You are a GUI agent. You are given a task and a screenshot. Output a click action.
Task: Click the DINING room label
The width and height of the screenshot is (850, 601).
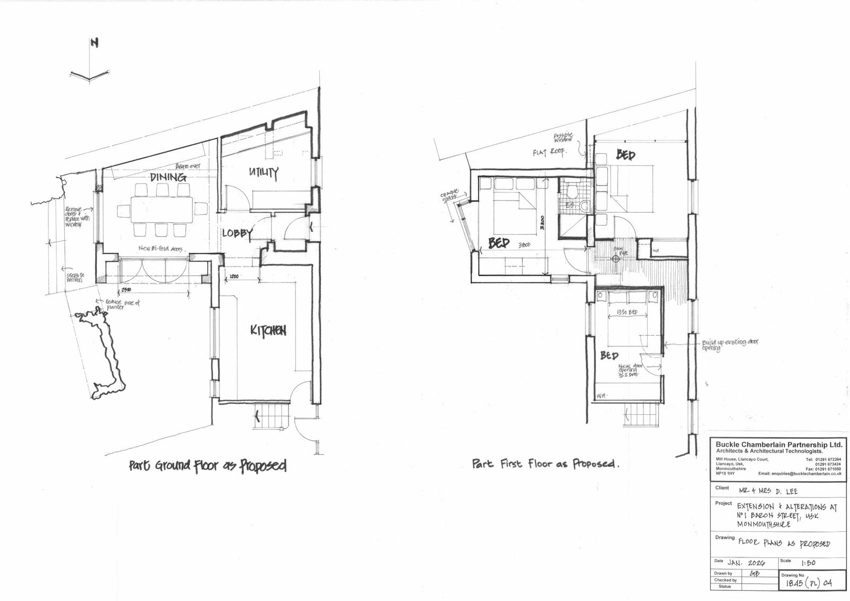coord(168,177)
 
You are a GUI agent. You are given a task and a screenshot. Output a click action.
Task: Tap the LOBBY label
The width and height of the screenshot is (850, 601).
coord(237,233)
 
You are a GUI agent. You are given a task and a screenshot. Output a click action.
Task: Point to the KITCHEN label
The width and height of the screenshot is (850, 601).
coord(268,330)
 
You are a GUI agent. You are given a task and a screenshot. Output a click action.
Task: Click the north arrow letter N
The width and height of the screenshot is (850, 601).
coord(95,43)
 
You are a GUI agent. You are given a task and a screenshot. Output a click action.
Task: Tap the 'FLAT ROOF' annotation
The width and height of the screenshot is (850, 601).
coord(550,152)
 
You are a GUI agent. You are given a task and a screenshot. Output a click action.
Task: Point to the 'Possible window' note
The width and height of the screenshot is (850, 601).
coord(563,138)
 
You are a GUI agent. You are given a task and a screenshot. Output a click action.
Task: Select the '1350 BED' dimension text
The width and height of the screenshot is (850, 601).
coord(627,313)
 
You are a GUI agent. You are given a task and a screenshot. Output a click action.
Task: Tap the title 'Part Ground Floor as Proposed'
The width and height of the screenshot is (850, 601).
coord(208,466)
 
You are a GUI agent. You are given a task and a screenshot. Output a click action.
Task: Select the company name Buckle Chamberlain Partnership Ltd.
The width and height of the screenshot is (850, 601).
coord(778,445)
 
